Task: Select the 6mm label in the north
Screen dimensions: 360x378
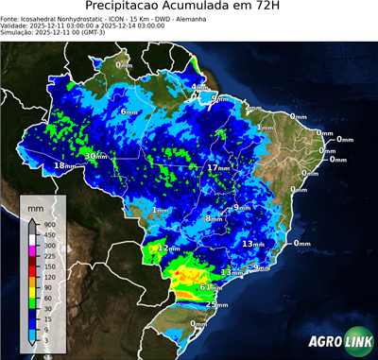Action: (x=129, y=111)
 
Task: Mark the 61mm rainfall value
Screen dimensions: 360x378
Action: (x=210, y=287)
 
